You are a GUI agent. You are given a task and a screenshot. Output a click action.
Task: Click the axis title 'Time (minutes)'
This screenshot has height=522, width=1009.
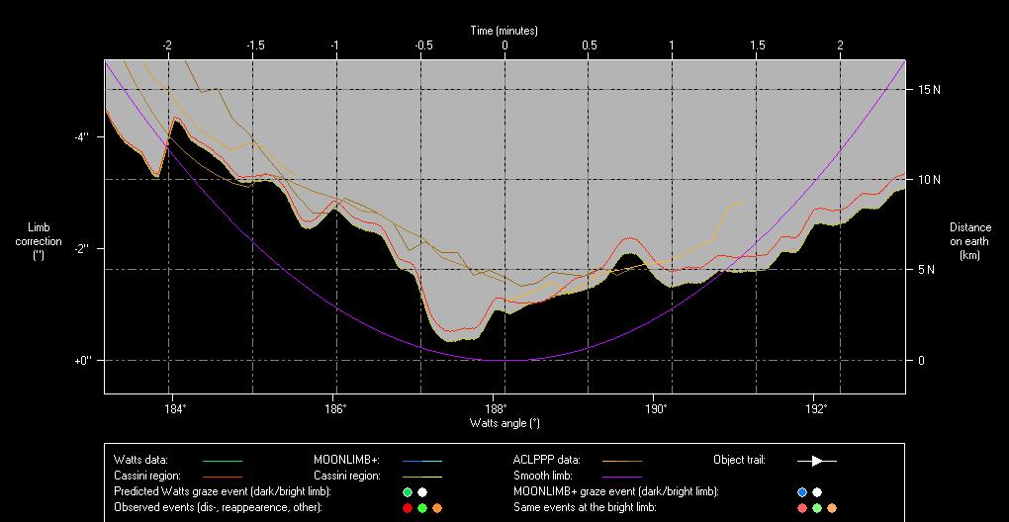[504, 31]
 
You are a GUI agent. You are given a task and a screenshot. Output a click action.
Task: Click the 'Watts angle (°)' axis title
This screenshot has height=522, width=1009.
[504, 423]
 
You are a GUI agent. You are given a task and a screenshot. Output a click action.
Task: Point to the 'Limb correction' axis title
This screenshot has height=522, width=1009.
[39, 240]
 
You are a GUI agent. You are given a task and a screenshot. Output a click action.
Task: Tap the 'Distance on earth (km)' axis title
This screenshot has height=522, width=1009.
[969, 241]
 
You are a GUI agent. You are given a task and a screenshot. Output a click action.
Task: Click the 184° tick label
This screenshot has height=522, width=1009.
[174, 407]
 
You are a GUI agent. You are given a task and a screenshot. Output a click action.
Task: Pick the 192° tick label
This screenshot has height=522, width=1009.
[816, 407]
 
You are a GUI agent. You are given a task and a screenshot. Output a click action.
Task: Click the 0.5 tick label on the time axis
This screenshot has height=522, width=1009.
[589, 45]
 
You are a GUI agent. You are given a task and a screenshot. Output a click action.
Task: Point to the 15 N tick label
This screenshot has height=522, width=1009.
[928, 89]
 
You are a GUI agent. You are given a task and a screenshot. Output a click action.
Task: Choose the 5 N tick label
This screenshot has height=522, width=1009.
[928, 269]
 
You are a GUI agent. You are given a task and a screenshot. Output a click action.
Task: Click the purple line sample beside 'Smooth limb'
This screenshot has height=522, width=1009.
[621, 477]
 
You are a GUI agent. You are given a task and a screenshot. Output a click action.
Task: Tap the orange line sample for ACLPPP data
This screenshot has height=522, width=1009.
[621, 461]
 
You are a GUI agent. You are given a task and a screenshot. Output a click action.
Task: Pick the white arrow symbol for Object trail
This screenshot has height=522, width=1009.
[817, 461]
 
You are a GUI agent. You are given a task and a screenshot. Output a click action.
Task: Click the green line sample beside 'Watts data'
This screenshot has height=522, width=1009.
[222, 461]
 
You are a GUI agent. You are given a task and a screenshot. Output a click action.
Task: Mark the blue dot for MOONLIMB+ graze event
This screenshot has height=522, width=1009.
[802, 491]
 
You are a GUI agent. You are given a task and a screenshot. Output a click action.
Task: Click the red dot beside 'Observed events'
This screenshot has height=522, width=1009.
[407, 507]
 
